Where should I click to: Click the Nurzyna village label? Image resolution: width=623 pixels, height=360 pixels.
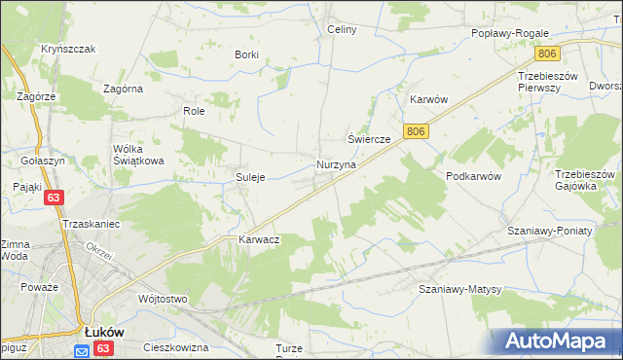336,165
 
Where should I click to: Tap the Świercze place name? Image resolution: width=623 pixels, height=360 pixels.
370,140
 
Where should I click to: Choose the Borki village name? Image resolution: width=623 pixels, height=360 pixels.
246,54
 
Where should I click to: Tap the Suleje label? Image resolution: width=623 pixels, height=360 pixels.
251,177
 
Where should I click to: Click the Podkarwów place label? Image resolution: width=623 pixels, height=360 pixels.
473,176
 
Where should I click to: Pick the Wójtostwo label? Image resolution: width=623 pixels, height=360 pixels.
163,299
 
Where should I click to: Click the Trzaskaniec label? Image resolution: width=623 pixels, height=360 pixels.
91,224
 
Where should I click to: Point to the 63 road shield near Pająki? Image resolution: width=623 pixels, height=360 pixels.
55,198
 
